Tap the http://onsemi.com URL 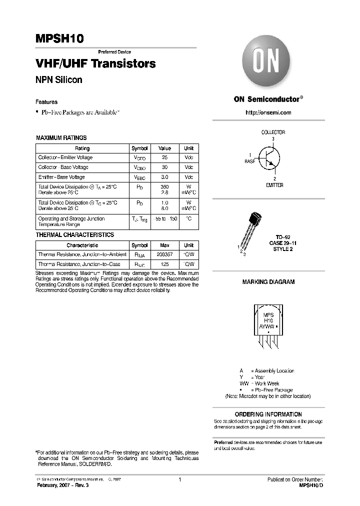(x=268, y=112)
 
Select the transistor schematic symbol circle (x=270, y=156)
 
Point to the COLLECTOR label (x=273, y=132)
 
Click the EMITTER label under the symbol (x=274, y=185)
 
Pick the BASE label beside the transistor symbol (x=249, y=161)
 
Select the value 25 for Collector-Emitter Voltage (x=164, y=157)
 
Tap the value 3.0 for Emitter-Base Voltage (x=164, y=177)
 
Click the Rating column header (x=82, y=148)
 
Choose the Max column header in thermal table (x=164, y=245)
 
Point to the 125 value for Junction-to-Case (x=164, y=264)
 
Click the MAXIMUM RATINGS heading (x=61, y=137)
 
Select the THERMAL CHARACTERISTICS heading (x=74, y=234)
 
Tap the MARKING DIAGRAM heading (x=268, y=282)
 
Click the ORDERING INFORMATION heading (x=268, y=414)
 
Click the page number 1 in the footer (x=179, y=479)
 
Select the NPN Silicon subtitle (x=58, y=80)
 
